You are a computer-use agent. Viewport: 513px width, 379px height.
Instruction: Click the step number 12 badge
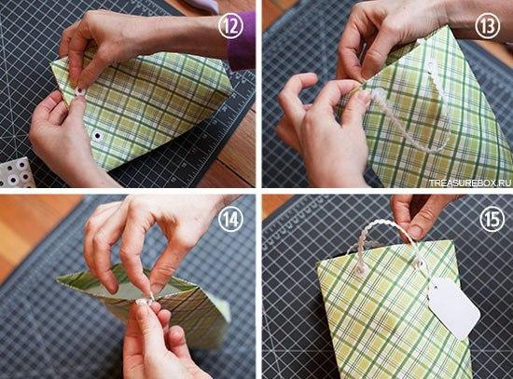tap(231, 26)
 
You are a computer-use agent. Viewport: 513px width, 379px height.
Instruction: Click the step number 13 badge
tap(488, 26)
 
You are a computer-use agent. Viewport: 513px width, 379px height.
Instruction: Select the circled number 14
tap(231, 219)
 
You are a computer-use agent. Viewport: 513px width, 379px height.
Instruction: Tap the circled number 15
tap(492, 219)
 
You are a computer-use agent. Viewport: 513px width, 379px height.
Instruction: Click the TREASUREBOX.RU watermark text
tap(470, 183)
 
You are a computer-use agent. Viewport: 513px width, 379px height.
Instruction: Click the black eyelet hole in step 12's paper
tap(97, 135)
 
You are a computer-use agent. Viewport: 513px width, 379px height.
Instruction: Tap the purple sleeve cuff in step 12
tap(242, 41)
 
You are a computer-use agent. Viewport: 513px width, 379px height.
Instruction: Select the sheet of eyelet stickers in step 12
tap(17, 172)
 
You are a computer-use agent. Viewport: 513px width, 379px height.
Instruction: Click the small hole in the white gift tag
tap(436, 286)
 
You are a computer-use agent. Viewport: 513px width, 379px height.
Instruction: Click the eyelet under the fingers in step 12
tap(79, 91)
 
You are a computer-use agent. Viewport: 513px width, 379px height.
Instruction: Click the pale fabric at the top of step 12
tap(201, 6)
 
